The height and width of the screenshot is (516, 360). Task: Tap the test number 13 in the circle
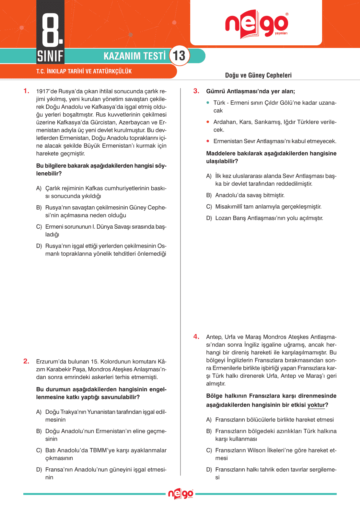[179, 56]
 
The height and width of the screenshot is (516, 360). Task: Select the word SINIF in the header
[50, 56]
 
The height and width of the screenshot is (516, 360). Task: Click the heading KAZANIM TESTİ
[134, 56]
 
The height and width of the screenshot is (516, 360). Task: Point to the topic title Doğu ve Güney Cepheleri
[258, 75]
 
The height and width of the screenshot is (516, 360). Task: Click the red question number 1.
[26, 91]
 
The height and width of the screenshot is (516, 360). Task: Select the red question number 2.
[26, 361]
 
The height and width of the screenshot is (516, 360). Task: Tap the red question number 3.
[196, 91]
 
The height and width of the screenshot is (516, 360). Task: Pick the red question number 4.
[196, 337]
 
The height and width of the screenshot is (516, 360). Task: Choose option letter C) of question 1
[39, 227]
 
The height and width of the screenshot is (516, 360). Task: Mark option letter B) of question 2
[39, 431]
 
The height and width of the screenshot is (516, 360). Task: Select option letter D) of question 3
[209, 218]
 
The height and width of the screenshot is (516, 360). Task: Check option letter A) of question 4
[209, 420]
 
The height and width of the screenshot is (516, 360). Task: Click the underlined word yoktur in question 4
[316, 405]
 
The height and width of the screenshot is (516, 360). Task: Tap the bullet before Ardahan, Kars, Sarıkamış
[208, 122]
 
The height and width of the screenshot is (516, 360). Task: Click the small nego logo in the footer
[180, 494]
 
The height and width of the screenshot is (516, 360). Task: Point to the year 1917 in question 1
[42, 91]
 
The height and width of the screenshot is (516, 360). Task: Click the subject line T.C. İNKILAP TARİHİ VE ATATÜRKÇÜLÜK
[84, 71]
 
